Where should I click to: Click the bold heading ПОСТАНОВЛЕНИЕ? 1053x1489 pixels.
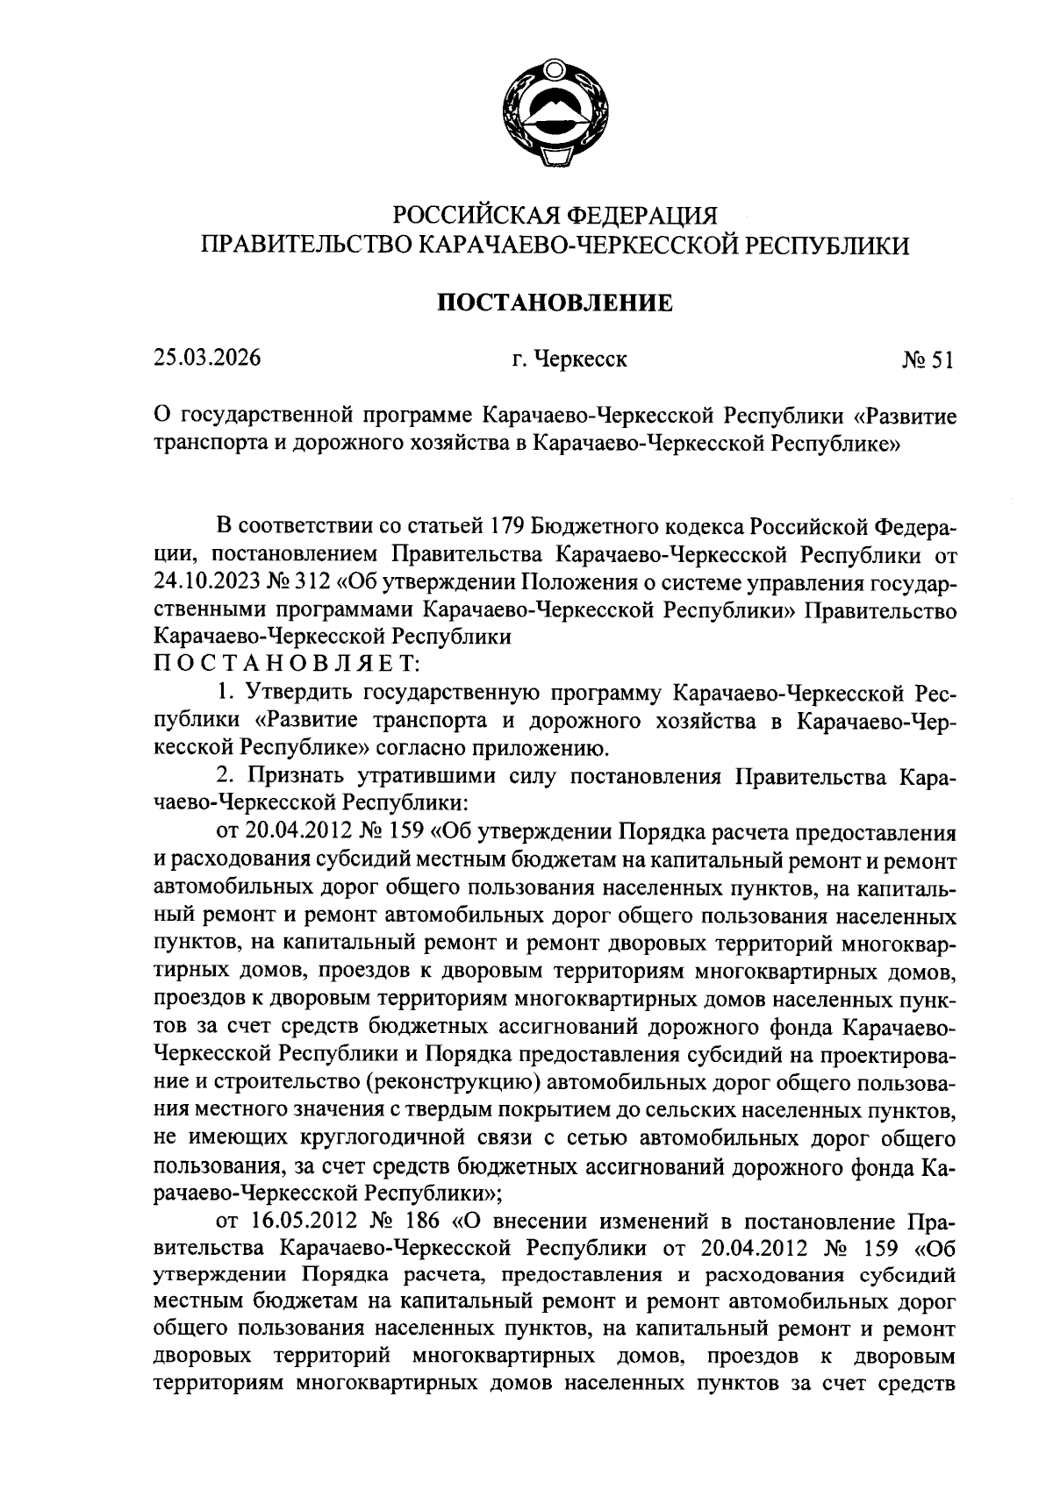click(555, 303)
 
